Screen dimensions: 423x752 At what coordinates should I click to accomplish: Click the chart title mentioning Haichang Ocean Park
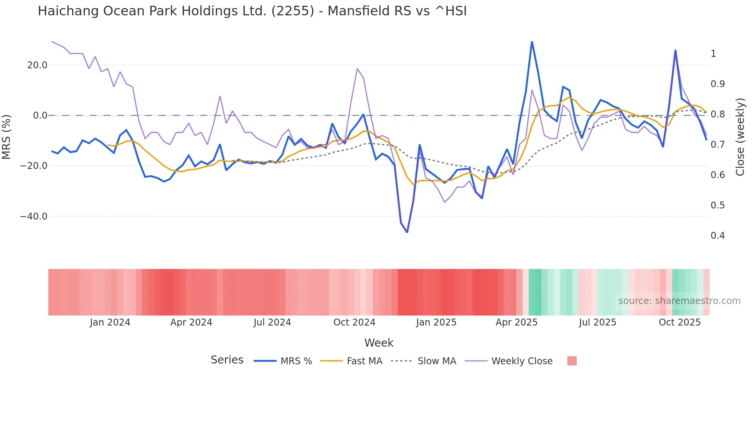pyautogui.click(x=252, y=11)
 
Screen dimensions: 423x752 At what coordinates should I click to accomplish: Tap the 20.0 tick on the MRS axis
pyautogui.click(x=37, y=65)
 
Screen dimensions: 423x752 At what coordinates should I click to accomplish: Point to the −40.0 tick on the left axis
pyautogui.click(x=34, y=216)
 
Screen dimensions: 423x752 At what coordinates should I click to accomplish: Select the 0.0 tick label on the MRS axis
pyautogui.click(x=40, y=116)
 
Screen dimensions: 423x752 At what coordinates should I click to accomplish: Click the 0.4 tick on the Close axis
pyautogui.click(x=717, y=236)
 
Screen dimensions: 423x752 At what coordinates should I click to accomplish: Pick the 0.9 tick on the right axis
pyautogui.click(x=717, y=84)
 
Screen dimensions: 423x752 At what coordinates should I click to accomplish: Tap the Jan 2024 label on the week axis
pyautogui.click(x=110, y=322)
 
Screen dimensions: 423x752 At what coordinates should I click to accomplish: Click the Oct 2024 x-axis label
pyautogui.click(x=354, y=322)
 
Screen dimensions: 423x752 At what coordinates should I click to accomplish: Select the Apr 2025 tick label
pyautogui.click(x=516, y=322)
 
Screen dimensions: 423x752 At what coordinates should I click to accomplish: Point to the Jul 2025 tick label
pyautogui.click(x=597, y=322)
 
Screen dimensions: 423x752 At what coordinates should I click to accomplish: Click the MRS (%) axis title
pyautogui.click(x=7, y=137)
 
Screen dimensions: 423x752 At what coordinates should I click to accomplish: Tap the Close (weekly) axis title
pyautogui.click(x=740, y=137)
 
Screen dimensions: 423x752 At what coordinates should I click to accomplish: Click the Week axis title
pyautogui.click(x=379, y=343)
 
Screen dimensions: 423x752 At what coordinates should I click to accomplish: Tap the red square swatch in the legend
pyautogui.click(x=572, y=361)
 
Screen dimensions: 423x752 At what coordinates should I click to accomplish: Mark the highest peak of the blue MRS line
pyautogui.click(x=532, y=42)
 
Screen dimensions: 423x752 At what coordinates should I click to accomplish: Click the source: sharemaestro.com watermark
pyautogui.click(x=679, y=301)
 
